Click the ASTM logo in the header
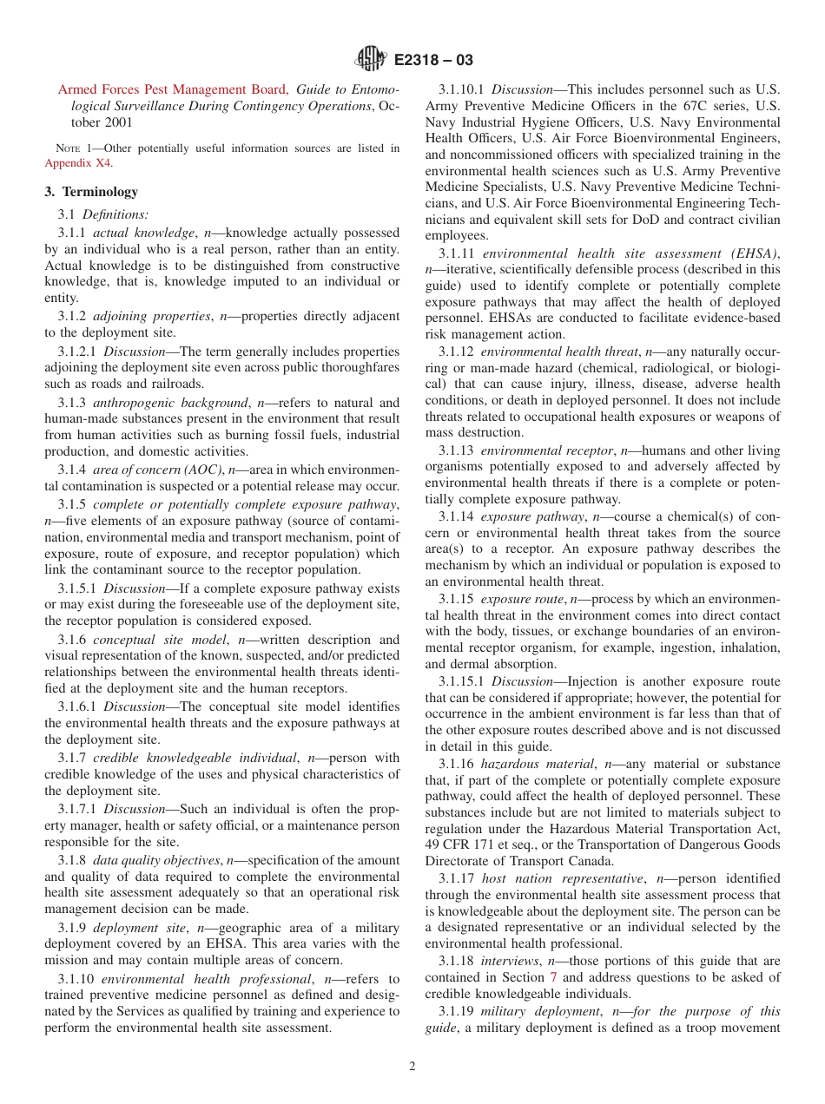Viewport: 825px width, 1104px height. point(371,60)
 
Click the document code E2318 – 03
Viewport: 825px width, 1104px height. point(433,61)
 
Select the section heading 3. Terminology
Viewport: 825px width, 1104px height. point(91,192)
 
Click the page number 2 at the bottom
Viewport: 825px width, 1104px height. point(412,1067)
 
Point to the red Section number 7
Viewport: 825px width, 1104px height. point(554,977)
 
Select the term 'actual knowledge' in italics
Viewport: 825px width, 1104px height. point(143,233)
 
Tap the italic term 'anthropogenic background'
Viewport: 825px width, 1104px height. point(170,402)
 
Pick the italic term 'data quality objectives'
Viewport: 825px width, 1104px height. point(156,859)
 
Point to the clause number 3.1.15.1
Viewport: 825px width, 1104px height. point(462,681)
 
